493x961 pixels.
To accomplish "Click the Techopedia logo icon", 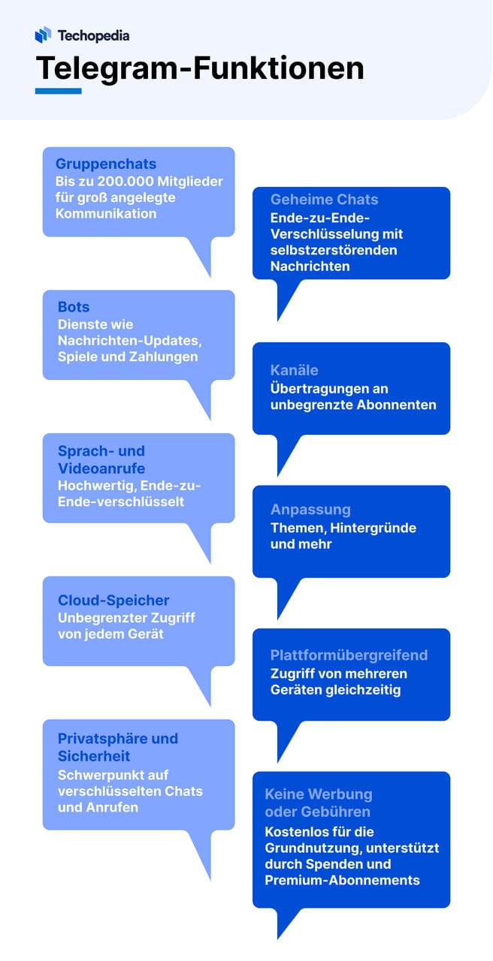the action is (x=43, y=35).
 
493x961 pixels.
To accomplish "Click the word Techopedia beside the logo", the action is (x=94, y=35).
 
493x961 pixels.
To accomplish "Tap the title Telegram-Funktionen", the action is (x=200, y=68).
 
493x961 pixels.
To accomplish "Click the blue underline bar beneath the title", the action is (x=59, y=91).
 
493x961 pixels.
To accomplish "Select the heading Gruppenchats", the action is (x=106, y=164).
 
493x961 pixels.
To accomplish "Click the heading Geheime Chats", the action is (x=324, y=200).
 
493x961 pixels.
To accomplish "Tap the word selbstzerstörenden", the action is (x=334, y=250).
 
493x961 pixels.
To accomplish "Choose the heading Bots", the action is (x=74, y=307).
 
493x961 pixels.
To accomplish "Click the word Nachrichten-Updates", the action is (x=130, y=341).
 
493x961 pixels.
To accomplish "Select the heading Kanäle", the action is (x=294, y=370).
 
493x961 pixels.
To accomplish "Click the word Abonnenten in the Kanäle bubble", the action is (x=396, y=405).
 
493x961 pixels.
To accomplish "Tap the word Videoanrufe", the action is (x=101, y=468).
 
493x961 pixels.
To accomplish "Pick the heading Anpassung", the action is (x=310, y=509).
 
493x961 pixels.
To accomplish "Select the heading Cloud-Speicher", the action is (x=113, y=600).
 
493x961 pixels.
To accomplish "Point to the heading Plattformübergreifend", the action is (x=349, y=655).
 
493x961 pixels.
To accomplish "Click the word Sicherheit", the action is (x=94, y=756).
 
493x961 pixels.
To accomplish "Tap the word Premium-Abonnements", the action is (x=342, y=881).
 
